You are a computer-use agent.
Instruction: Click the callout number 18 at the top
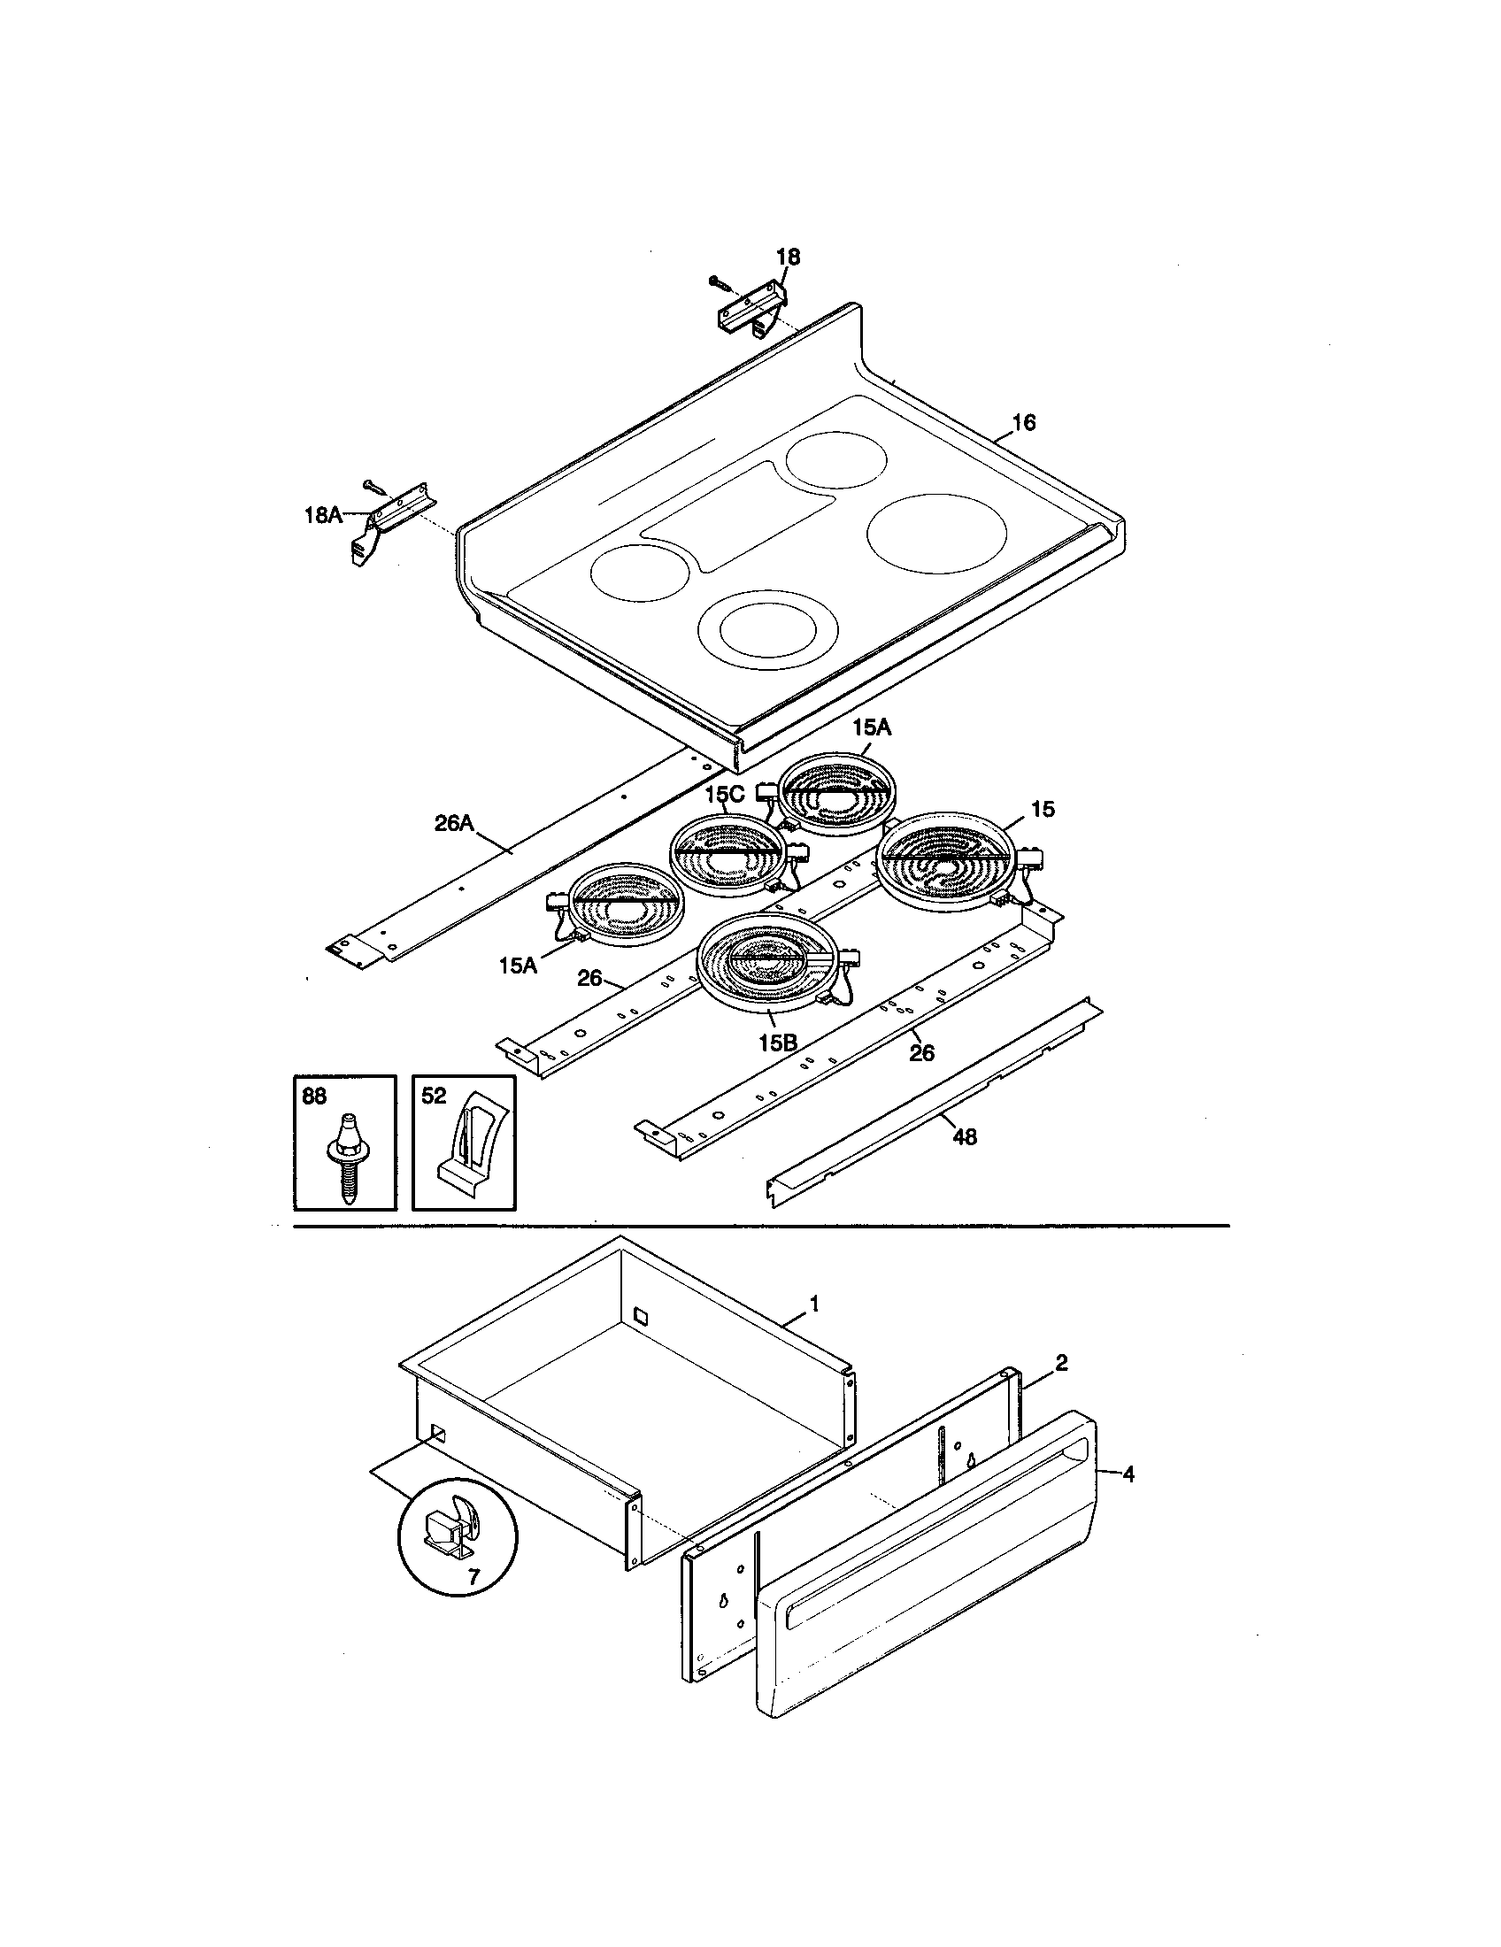click(x=787, y=257)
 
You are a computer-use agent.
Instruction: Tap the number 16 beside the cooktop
click(x=1024, y=422)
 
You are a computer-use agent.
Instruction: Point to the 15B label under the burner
click(x=777, y=1043)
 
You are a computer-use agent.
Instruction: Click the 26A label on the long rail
click(x=454, y=824)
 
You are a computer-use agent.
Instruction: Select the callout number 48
click(x=965, y=1136)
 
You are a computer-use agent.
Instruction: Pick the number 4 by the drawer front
click(x=1128, y=1474)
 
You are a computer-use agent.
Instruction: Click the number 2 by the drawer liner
click(x=1061, y=1363)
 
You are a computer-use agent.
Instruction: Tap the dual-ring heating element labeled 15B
click(x=768, y=963)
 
